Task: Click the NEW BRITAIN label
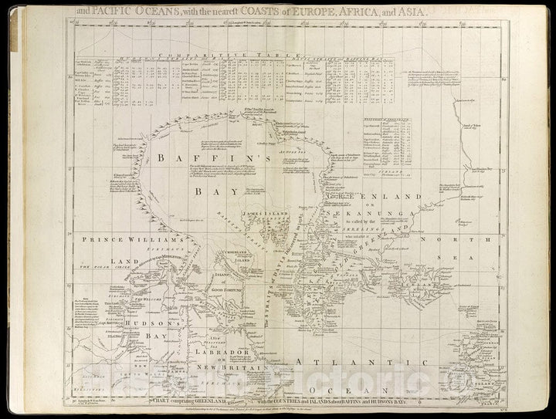coord(230,368)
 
